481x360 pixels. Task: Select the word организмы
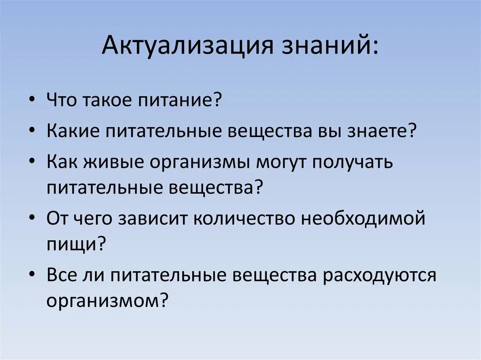(201, 163)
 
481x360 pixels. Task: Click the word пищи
(70, 244)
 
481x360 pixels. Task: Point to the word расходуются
(380, 275)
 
